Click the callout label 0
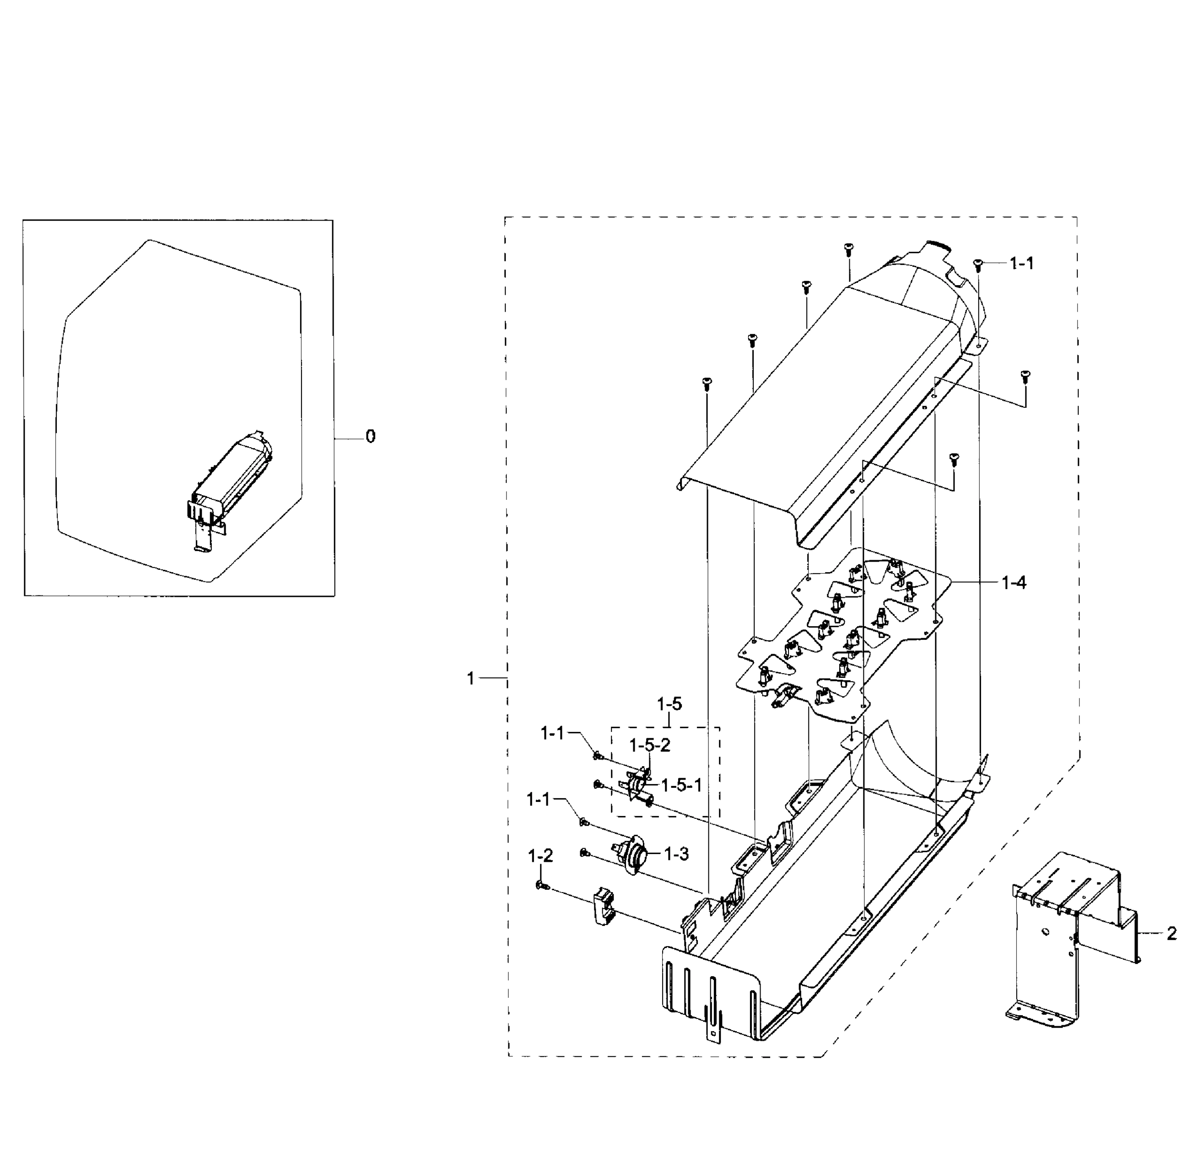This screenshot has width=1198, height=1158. coord(370,437)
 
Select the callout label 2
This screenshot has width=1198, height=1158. coord(1171,934)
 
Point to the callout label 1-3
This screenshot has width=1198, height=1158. coord(676,854)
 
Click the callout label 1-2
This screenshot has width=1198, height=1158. coord(540,856)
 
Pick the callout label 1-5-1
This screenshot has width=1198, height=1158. coord(681,785)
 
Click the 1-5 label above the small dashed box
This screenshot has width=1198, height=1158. coord(669,704)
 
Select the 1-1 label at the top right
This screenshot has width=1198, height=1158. coord(1021,263)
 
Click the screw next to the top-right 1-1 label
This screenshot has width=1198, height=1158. coord(977,263)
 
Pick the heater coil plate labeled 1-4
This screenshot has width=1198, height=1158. coord(844,636)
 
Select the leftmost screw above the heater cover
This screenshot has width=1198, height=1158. coord(707,383)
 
